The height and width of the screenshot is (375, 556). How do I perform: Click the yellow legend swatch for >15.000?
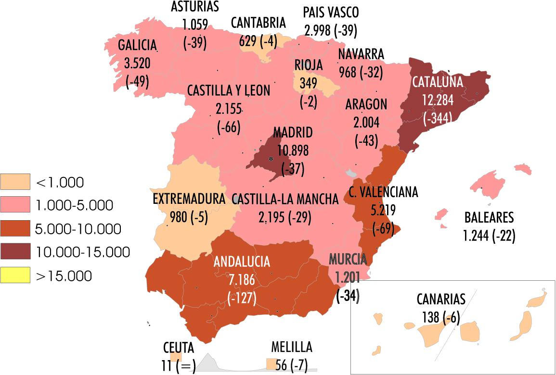(x=15, y=275)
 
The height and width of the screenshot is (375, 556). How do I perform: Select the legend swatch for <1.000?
(x=15, y=182)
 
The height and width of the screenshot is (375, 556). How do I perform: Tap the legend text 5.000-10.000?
(x=78, y=229)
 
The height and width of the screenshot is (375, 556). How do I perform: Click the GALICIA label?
(x=138, y=45)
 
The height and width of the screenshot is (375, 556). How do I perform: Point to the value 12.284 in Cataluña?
(x=437, y=100)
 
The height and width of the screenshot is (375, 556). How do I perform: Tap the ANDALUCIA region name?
(x=242, y=262)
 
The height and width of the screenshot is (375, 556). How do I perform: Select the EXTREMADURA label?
(x=189, y=199)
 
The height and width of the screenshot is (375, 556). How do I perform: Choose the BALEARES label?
(x=489, y=218)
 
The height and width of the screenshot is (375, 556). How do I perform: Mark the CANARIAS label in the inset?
(x=441, y=300)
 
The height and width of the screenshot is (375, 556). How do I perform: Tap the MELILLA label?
(x=292, y=347)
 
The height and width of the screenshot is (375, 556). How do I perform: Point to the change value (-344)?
(x=437, y=119)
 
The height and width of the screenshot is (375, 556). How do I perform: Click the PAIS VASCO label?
(x=331, y=12)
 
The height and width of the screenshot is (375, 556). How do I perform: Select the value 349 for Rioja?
(x=308, y=83)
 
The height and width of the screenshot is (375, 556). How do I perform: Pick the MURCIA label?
(x=348, y=260)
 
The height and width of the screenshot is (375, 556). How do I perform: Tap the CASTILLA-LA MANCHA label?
(x=285, y=199)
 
